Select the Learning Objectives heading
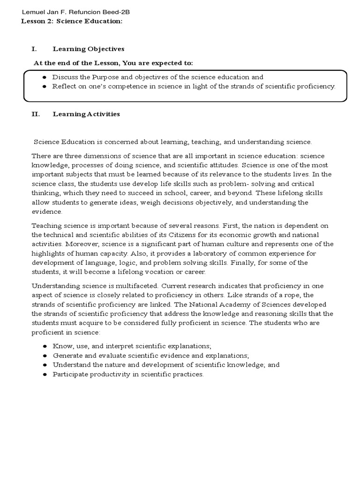pos(88,49)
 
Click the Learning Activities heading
pos(86,114)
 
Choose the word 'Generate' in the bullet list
pos(67,356)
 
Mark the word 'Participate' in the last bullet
pos(69,375)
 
